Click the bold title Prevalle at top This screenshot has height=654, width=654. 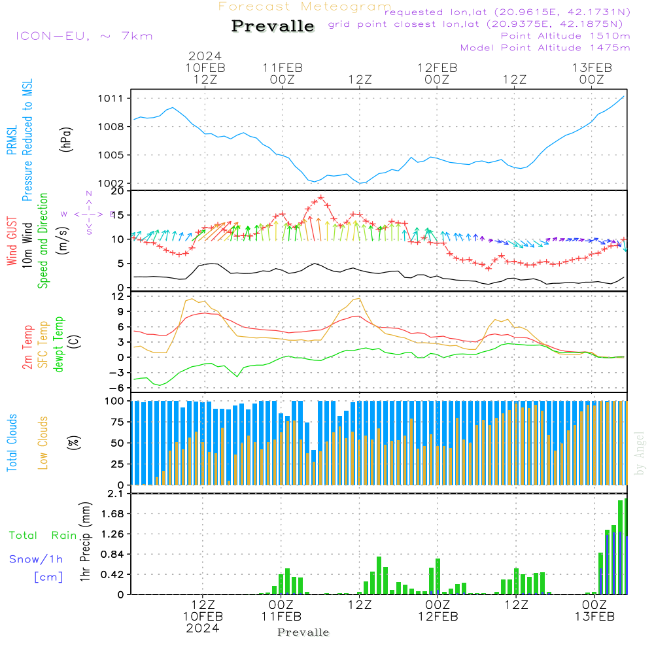(273, 26)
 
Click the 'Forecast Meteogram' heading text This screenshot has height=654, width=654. (305, 7)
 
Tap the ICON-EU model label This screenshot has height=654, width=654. (84, 35)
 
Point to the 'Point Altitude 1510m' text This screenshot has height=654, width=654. (565, 35)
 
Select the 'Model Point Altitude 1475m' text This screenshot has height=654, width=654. (545, 47)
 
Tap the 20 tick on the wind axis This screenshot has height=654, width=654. (118, 191)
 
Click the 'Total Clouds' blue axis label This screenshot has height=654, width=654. (12, 443)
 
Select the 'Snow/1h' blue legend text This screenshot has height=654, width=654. (37, 559)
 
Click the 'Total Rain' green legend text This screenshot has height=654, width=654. (43, 535)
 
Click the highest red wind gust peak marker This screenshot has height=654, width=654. (320, 197)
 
